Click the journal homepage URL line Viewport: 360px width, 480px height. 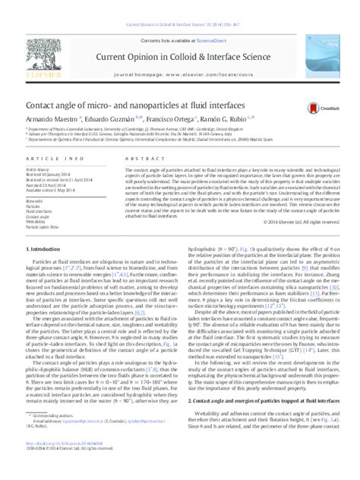179,55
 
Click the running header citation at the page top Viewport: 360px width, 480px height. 179,5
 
